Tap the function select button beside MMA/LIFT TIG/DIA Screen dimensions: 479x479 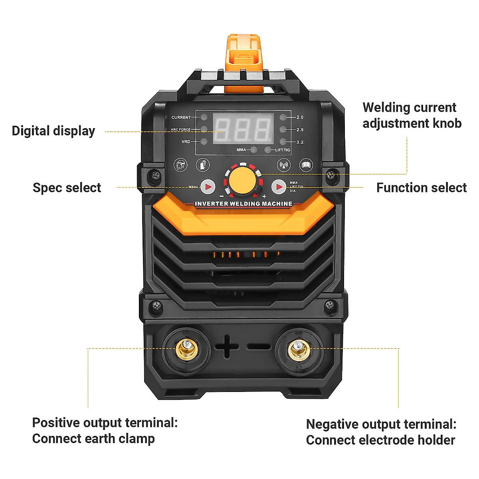tap(279, 186)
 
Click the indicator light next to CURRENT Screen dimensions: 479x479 tap(204, 117)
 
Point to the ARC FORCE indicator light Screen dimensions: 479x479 tap(204, 129)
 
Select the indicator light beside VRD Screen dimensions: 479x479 tap(204, 142)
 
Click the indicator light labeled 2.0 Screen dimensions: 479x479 tap(283, 117)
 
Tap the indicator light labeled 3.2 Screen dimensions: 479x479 tap(283, 142)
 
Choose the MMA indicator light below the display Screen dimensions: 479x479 tap(253, 150)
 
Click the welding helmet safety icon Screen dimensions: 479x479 tap(181, 164)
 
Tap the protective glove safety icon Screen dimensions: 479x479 tap(203, 164)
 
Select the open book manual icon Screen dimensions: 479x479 tap(306, 164)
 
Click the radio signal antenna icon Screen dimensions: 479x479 tap(284, 164)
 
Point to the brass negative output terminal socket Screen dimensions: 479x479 tap(299, 349)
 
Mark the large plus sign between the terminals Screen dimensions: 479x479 tap(227, 346)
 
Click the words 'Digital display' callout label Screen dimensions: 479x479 tap(53, 131)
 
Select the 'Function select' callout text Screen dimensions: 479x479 tap(421, 188)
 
